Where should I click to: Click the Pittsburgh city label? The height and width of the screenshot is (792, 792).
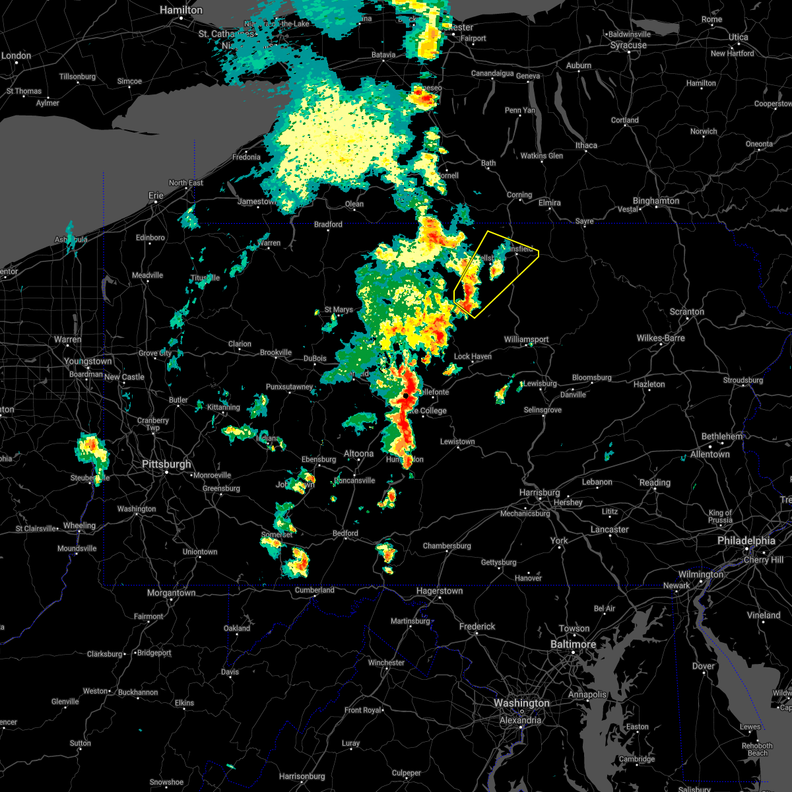[x=166, y=465]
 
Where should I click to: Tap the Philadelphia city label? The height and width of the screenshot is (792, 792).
[x=746, y=541]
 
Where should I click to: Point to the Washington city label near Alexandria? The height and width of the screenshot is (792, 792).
[x=521, y=704]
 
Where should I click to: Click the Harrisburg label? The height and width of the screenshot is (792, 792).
[x=539, y=493]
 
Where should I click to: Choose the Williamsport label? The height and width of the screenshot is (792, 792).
[x=526, y=339]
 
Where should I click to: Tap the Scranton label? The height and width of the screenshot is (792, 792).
[x=687, y=312]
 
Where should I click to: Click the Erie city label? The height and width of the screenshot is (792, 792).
[x=156, y=195]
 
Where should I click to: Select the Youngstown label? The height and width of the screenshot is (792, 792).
[x=88, y=362]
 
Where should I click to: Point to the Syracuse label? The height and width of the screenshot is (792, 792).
[x=628, y=46]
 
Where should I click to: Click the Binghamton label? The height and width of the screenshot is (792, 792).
[x=655, y=201]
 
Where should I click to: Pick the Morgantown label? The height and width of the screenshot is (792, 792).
[x=171, y=593]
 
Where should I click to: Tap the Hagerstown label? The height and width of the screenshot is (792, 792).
[x=439, y=591]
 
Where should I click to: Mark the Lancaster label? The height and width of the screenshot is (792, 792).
[x=609, y=529]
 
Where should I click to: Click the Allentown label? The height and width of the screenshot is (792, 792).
[x=710, y=454]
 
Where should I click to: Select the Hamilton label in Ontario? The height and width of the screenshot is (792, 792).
[x=181, y=11]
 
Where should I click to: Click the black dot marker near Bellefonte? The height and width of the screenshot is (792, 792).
[x=406, y=395]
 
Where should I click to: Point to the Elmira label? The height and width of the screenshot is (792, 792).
[x=549, y=203]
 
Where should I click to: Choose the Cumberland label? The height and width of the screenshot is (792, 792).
[x=314, y=590]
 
